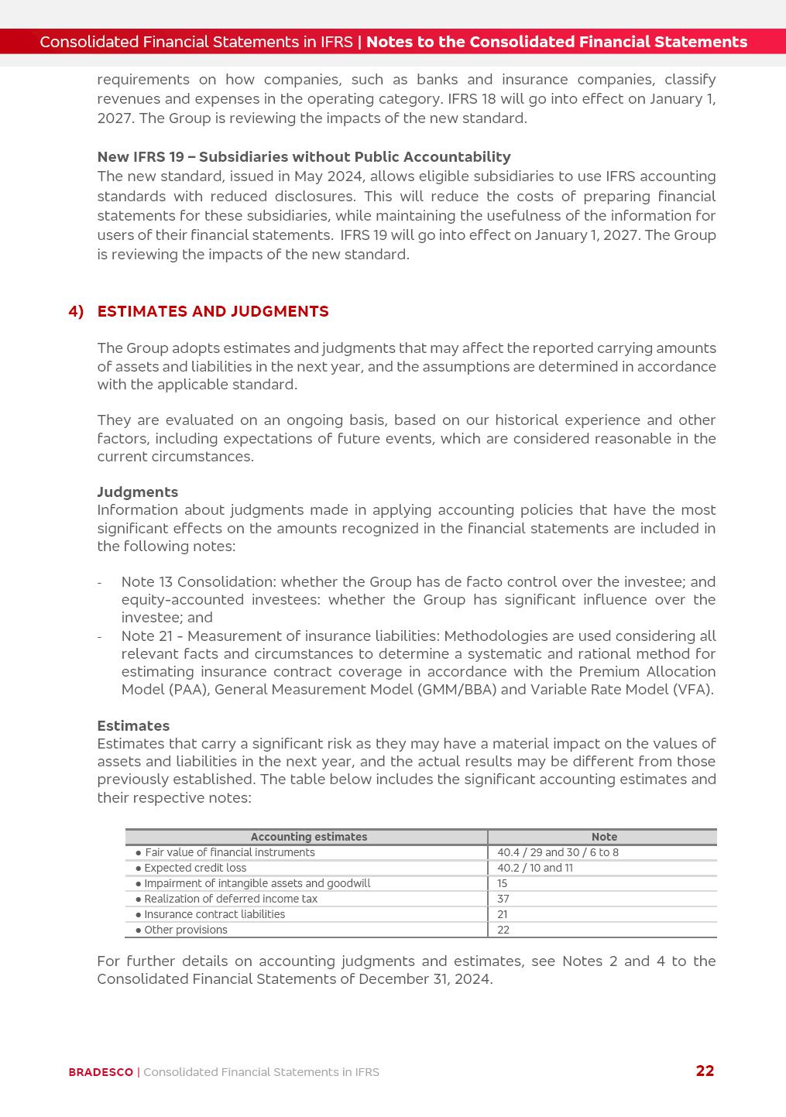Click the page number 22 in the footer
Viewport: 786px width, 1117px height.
click(705, 1071)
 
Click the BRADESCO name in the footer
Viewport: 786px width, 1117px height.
click(101, 1072)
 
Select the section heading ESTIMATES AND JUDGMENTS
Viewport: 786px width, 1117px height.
click(213, 311)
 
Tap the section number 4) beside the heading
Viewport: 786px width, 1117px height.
click(76, 311)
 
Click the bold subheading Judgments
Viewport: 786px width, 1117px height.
click(137, 492)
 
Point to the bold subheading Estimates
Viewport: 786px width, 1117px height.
click(133, 725)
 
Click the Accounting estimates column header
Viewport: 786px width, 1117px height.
click(308, 837)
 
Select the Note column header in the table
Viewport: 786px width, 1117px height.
click(604, 837)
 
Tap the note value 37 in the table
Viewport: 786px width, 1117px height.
click(503, 899)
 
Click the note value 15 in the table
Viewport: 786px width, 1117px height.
click(503, 883)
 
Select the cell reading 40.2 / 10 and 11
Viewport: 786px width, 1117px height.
click(535, 868)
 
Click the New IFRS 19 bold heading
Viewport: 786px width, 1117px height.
click(304, 157)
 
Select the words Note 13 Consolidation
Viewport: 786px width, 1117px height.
click(198, 581)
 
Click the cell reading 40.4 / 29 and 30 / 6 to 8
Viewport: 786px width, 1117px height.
click(558, 852)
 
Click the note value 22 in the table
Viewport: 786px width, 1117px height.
click(503, 930)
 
